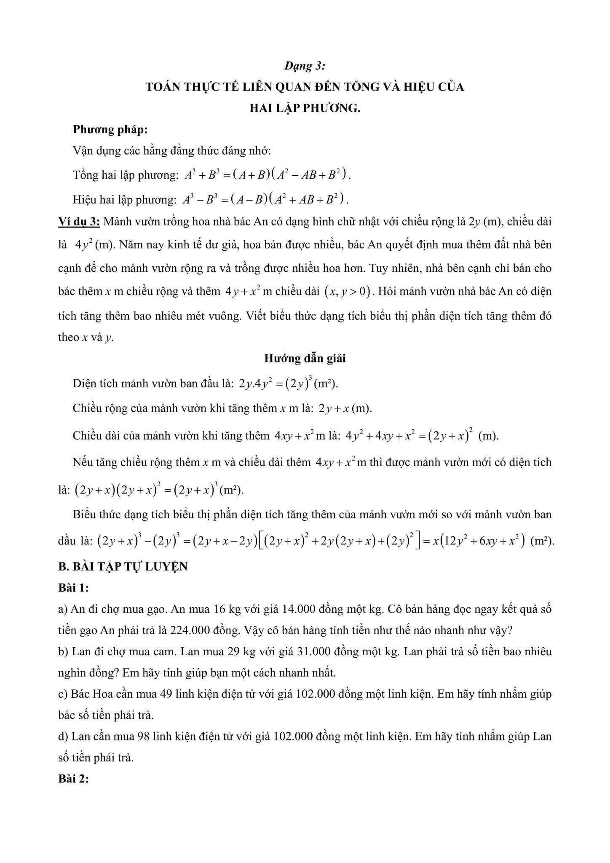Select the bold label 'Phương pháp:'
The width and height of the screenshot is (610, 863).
pyautogui.click(x=110, y=129)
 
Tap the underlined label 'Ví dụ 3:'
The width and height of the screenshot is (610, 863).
pyautogui.click(x=79, y=222)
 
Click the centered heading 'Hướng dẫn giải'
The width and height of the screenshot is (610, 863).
pyautogui.click(x=305, y=358)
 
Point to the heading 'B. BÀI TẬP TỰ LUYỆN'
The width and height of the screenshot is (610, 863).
pyautogui.click(x=123, y=567)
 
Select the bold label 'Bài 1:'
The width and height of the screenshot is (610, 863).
pyautogui.click(x=74, y=588)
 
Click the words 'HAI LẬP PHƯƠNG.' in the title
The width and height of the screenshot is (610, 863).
pyautogui.click(x=305, y=108)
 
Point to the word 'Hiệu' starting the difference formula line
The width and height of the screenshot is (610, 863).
pyautogui.click(x=85, y=199)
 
